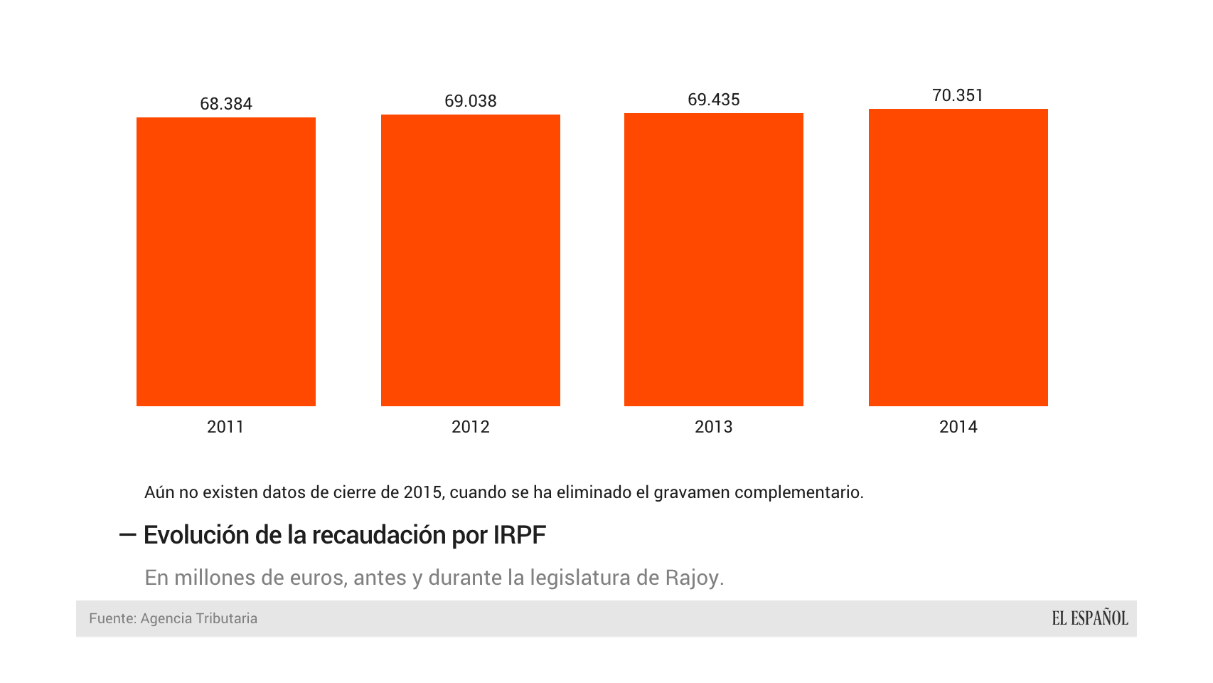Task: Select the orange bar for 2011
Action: click(226, 262)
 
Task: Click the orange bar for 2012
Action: click(471, 260)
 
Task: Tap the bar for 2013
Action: click(714, 260)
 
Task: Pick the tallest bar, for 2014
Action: click(958, 258)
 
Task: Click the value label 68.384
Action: click(226, 104)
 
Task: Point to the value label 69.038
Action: click(471, 101)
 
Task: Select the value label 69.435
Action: click(714, 100)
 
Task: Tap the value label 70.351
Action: click(958, 95)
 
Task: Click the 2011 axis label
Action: click(225, 427)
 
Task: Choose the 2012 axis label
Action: click(471, 427)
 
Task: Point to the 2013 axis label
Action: click(714, 427)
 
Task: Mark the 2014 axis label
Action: click(958, 427)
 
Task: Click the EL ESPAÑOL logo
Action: click(1090, 618)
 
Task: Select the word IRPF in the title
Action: click(519, 535)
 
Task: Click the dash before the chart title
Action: click(127, 534)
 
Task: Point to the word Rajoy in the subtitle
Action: click(694, 577)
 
